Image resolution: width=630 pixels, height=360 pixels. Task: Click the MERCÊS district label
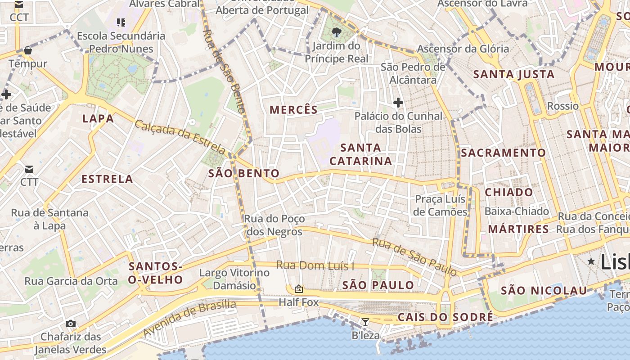point(293,109)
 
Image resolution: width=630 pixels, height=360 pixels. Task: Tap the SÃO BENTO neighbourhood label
point(244,173)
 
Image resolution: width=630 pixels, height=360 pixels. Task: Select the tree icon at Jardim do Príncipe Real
point(336,32)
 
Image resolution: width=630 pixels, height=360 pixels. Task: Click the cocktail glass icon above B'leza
point(365,322)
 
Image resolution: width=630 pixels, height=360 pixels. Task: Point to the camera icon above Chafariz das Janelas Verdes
point(70,324)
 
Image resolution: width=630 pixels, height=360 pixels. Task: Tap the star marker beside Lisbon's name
point(591,261)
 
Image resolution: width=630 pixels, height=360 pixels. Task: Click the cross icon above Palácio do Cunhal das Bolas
point(398,103)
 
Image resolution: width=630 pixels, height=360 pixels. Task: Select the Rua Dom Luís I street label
point(315,265)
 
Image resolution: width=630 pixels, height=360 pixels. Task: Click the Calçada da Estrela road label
point(180,137)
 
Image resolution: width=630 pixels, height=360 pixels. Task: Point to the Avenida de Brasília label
point(189,318)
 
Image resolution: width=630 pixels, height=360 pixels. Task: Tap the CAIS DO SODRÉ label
point(445,317)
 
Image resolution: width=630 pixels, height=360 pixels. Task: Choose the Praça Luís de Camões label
point(441,205)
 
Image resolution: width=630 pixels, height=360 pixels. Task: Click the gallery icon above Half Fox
point(298,289)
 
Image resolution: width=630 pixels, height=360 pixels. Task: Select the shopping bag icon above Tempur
point(28,50)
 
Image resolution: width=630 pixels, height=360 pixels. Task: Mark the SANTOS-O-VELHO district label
point(155,273)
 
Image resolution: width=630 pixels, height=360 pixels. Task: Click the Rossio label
point(562,106)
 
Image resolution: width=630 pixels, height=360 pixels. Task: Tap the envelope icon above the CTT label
point(29,169)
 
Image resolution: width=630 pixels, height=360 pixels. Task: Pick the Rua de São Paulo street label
point(414,256)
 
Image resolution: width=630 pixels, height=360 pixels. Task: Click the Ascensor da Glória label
point(463,49)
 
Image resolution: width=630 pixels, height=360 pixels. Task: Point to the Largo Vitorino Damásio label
point(234,279)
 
